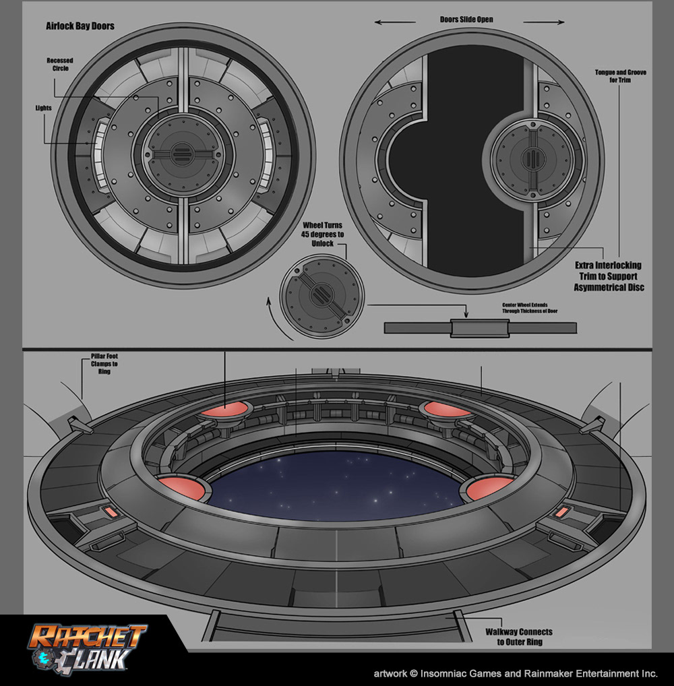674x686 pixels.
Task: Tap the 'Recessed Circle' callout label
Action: pyautogui.click(x=60, y=65)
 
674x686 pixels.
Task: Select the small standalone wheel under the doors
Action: pyautogui.click(x=321, y=294)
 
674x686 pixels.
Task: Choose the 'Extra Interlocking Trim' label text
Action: pyautogui.click(x=607, y=276)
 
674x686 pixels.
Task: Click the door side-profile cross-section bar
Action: pyautogui.click(x=480, y=328)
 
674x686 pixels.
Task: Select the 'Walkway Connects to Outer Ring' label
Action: pyautogui.click(x=519, y=636)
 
